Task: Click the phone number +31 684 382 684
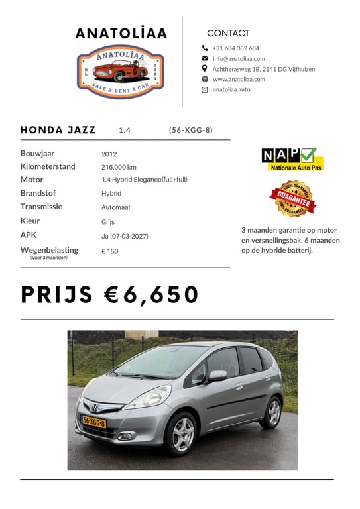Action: point(235,48)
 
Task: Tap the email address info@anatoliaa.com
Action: point(239,58)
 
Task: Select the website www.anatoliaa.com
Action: point(239,79)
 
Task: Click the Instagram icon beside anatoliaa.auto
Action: point(205,89)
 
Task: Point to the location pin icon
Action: point(205,68)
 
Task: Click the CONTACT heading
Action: point(228,33)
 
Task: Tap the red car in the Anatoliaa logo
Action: point(120,70)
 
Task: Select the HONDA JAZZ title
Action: point(58,130)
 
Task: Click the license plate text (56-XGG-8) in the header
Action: point(191,130)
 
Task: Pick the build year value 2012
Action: point(109,154)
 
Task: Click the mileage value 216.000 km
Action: point(119,167)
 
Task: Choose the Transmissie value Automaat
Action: point(115,207)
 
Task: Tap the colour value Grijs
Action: point(108,222)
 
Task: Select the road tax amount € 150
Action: point(109,251)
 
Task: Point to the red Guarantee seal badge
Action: point(292,198)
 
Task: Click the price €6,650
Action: point(110,294)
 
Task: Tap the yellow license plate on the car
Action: point(93,421)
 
